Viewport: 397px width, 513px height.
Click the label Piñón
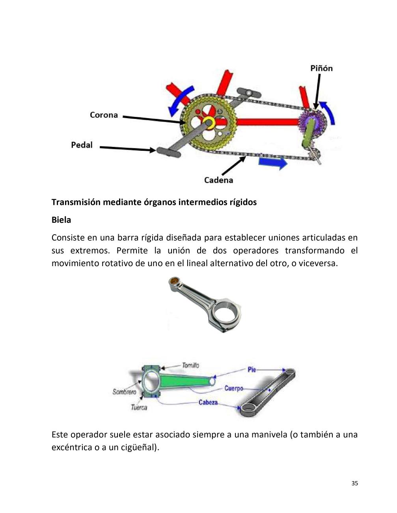pos(321,69)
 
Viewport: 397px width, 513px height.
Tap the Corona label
pos(104,115)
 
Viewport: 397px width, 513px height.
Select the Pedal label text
pos(82,145)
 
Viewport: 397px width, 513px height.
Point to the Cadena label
pos(218,180)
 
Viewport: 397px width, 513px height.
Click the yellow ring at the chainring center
pos(208,123)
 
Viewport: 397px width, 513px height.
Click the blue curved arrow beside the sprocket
pos(329,112)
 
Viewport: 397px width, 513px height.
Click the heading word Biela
pos(61,220)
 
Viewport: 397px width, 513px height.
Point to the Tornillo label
pos(190,365)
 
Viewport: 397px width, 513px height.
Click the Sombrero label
pos(124,392)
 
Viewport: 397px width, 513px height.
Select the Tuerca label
pos(139,407)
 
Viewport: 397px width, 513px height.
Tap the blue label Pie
pos(252,370)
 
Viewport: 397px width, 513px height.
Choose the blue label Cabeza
pos(208,402)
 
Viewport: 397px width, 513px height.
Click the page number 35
pos(354,483)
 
